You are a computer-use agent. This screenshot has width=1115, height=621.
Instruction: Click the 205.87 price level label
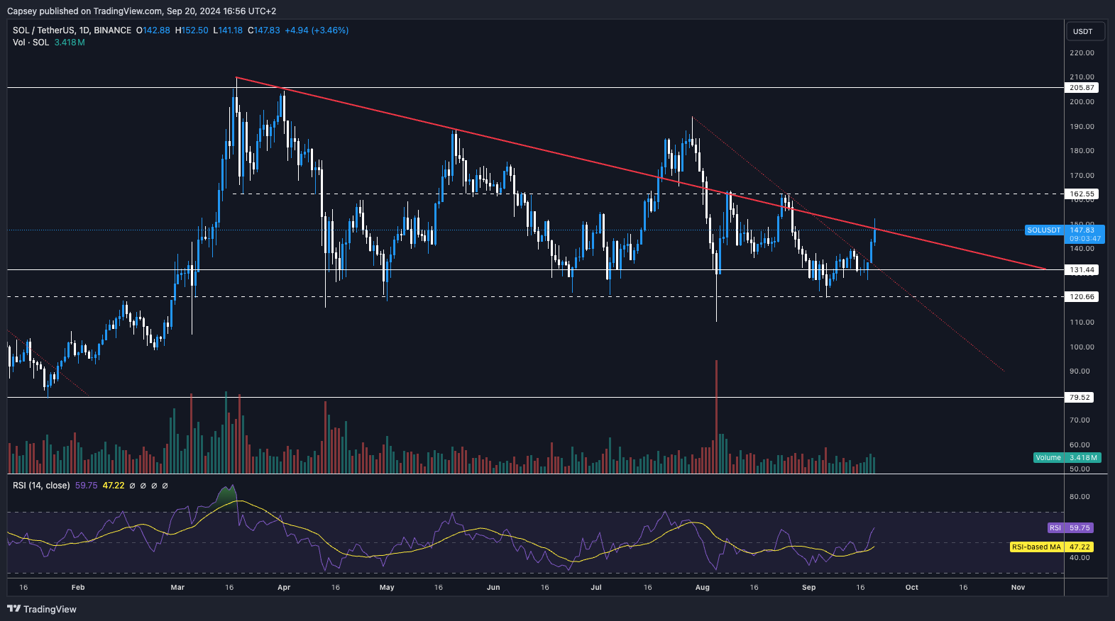[x=1082, y=88]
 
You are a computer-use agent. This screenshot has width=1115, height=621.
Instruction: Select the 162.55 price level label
[x=1082, y=194]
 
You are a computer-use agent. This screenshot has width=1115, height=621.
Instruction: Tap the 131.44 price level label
[x=1082, y=270]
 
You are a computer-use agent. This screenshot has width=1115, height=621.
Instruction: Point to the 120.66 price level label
[x=1082, y=297]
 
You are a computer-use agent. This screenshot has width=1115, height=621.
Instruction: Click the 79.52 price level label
[x=1080, y=398]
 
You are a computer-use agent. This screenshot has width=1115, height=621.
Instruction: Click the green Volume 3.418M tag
[x=1067, y=458]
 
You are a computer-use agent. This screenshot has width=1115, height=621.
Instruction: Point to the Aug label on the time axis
[x=703, y=588]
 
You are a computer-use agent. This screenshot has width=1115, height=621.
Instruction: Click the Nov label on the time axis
[x=1018, y=588]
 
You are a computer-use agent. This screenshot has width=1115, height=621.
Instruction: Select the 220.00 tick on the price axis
[x=1082, y=53]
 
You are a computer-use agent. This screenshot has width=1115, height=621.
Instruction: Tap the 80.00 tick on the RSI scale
[x=1080, y=497]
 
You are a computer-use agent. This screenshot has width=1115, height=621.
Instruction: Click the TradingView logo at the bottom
[x=42, y=609]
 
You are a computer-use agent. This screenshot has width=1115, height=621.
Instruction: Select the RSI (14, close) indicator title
[x=41, y=486]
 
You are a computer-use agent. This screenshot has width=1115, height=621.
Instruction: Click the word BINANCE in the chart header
[x=112, y=30]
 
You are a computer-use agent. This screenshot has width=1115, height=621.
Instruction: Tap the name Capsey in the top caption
[x=22, y=11]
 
